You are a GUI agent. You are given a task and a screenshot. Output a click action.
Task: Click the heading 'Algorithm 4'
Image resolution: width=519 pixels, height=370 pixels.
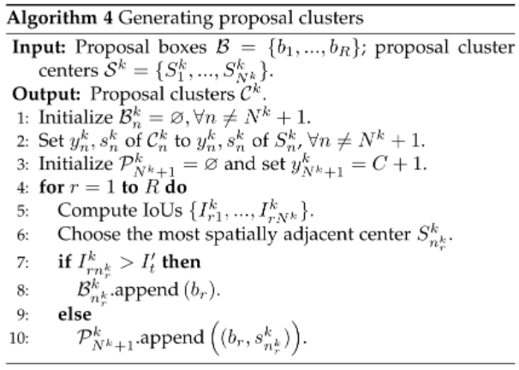tap(48, 11)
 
